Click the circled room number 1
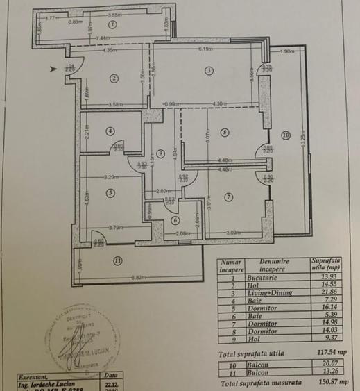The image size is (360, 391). click(x=113, y=24)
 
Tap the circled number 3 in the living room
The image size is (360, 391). click(x=207, y=69)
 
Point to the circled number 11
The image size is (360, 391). click(x=118, y=260)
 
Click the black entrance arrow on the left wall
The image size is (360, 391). click(x=55, y=67)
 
